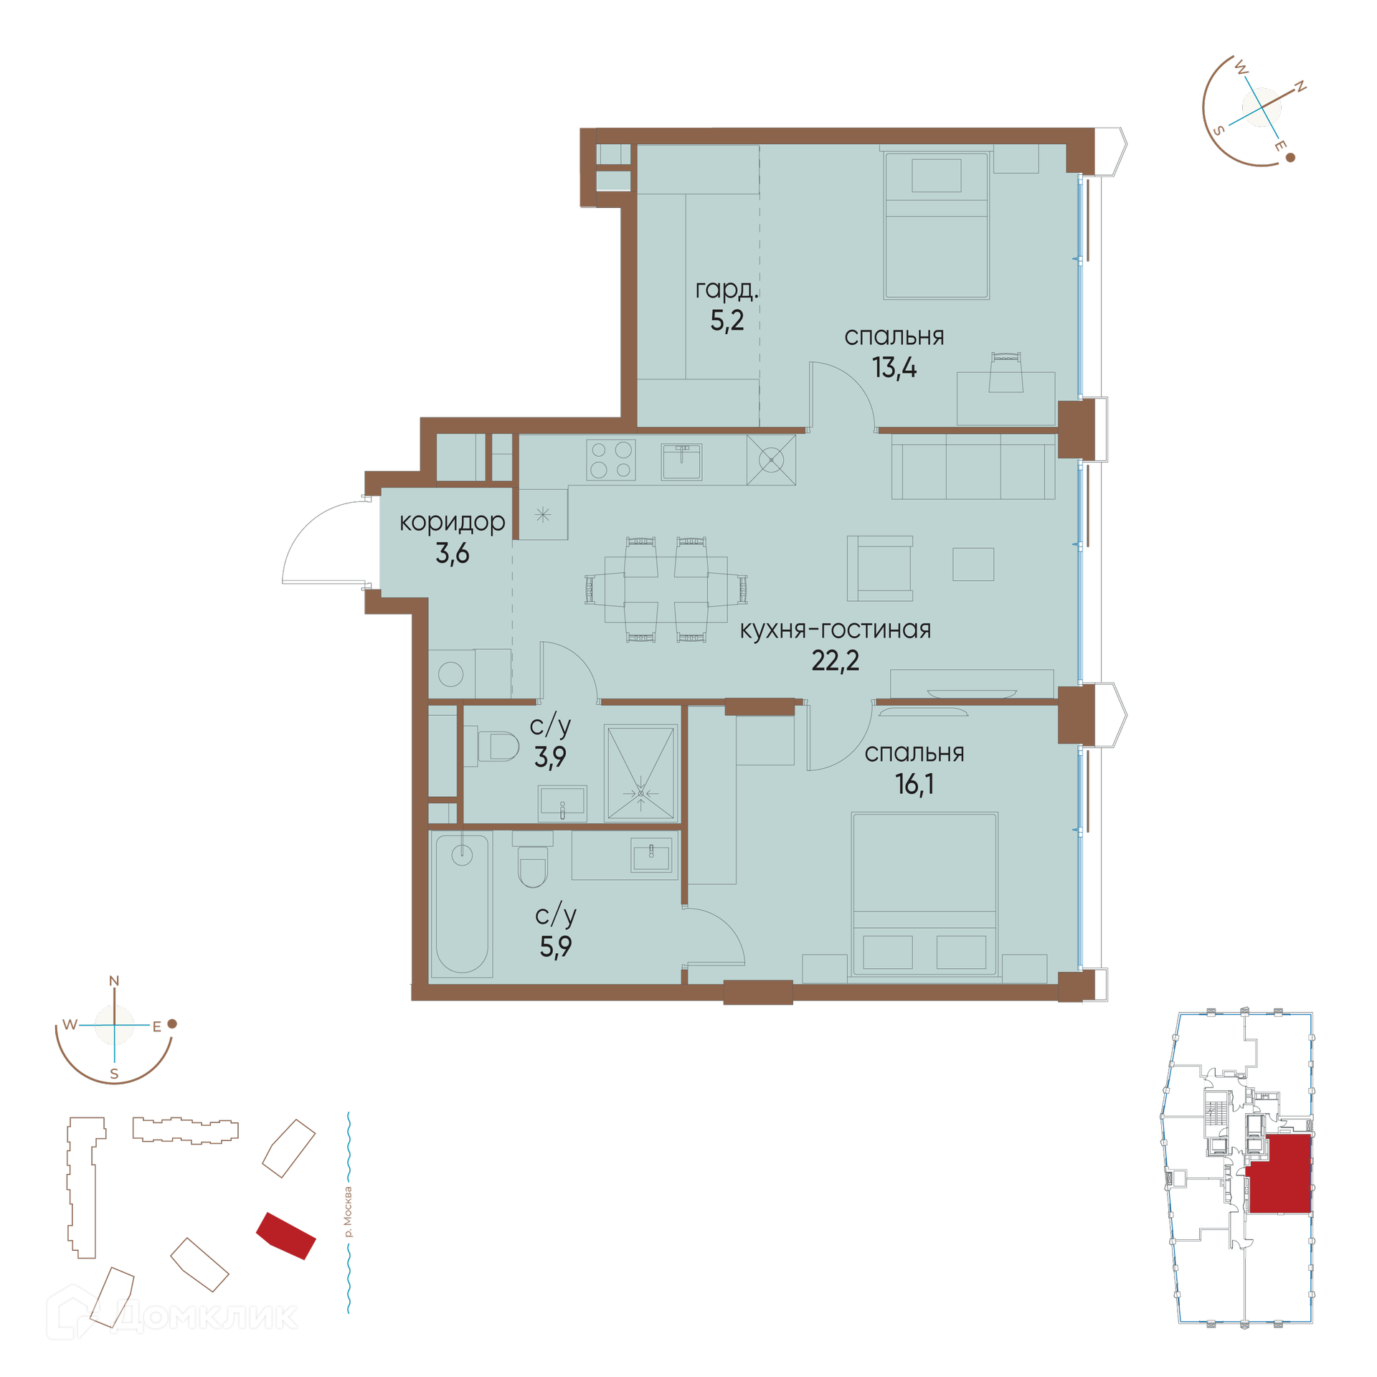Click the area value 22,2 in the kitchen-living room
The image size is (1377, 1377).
point(835,661)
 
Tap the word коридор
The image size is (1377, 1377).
point(452,523)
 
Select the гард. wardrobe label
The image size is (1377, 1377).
point(727,290)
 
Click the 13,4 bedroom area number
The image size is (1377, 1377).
point(894,368)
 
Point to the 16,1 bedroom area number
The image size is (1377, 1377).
point(914,784)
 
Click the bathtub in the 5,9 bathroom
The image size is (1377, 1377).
point(463,904)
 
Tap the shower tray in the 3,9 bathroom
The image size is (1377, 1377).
point(640,773)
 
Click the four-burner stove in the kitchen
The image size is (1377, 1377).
point(611,460)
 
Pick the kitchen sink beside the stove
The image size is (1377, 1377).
point(681,461)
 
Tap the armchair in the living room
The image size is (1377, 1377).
point(880,568)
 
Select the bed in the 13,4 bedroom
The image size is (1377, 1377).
point(937,225)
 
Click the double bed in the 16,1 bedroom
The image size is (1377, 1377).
point(924,894)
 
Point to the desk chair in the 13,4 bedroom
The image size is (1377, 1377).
point(1005,372)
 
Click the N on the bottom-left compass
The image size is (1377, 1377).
point(114,980)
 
